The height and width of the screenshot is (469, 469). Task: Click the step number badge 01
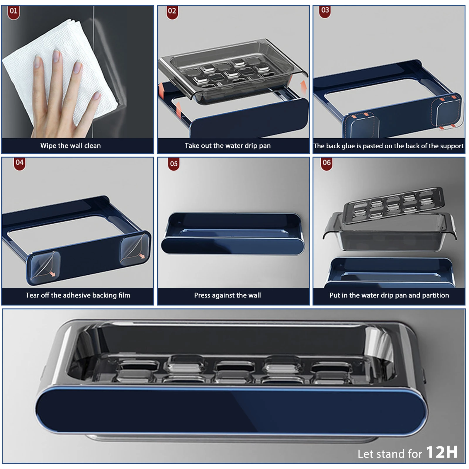tap(13, 12)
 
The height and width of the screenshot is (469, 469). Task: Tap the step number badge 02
tap(172, 12)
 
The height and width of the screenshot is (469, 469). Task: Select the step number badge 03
tap(325, 11)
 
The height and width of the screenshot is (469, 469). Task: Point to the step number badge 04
tap(19, 163)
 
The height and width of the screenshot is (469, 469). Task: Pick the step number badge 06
tap(327, 163)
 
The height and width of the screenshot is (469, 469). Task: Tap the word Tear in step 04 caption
tap(32, 295)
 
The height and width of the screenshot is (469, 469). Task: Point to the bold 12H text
tap(441, 452)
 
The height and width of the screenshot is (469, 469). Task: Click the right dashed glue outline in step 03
tap(446, 112)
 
